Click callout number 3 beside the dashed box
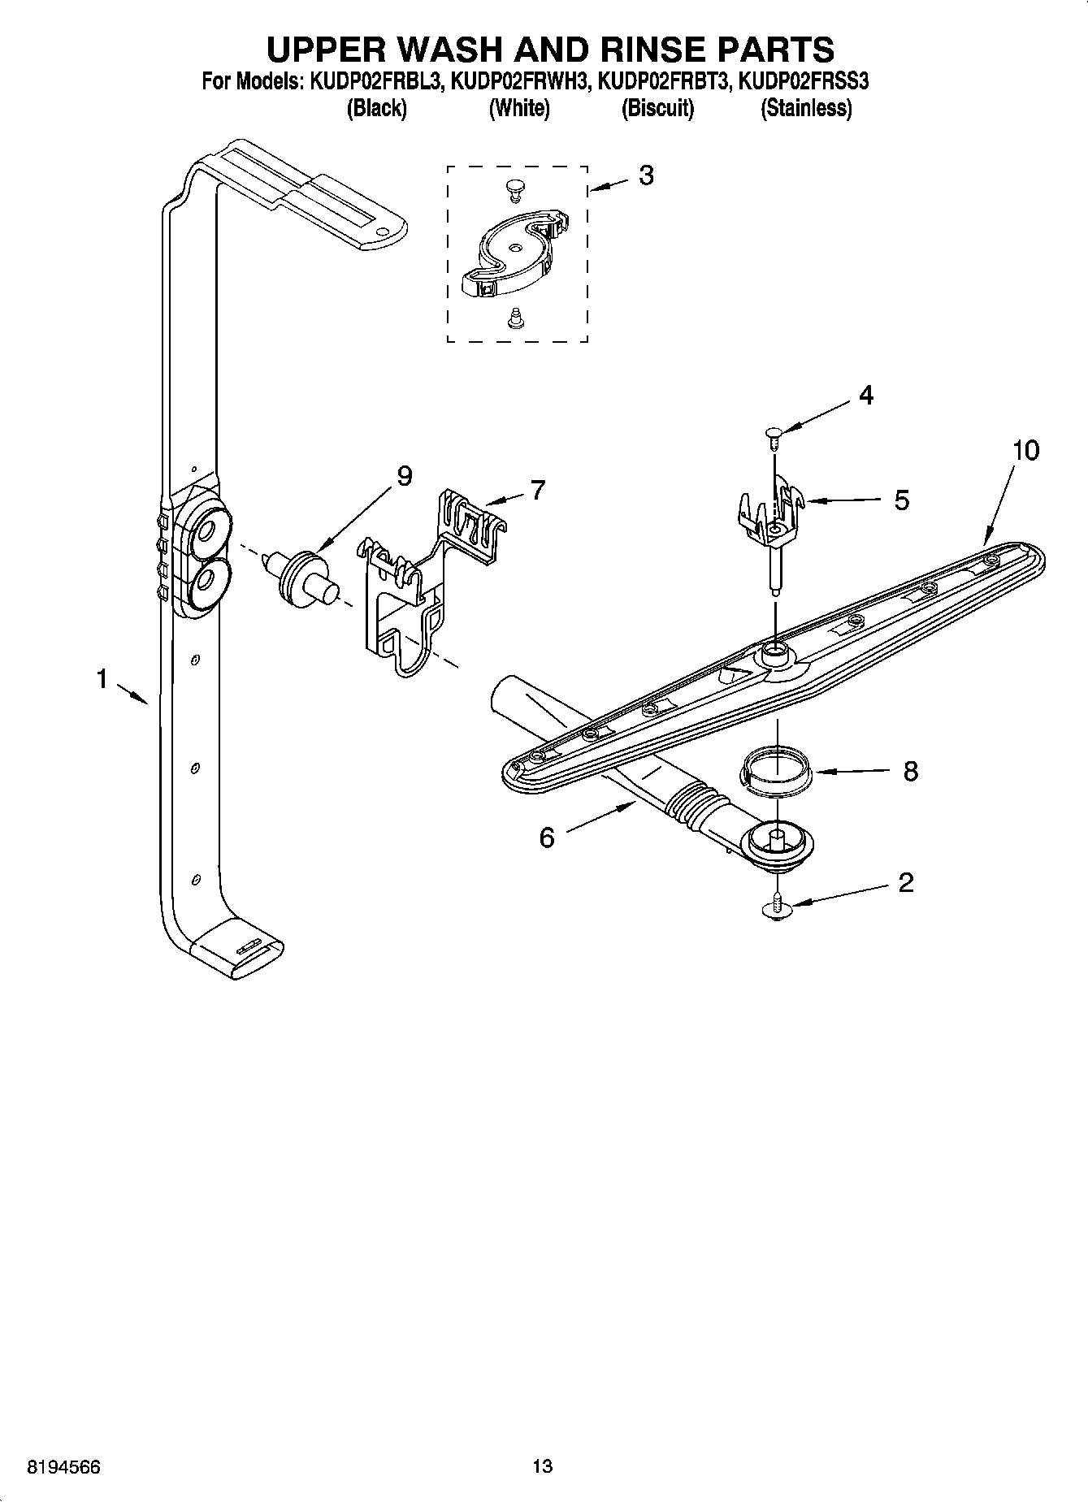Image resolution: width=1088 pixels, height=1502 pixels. coord(645,175)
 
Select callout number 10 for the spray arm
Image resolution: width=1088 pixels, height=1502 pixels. coord(1025,450)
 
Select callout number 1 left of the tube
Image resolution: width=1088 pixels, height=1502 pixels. coord(102,678)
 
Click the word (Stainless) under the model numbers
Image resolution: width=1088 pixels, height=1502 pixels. coord(806,108)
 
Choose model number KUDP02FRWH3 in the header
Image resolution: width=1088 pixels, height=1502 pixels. coord(519,82)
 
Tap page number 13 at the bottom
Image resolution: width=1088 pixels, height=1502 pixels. coord(542,1465)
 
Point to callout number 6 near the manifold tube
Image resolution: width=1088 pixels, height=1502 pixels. coord(547,837)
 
